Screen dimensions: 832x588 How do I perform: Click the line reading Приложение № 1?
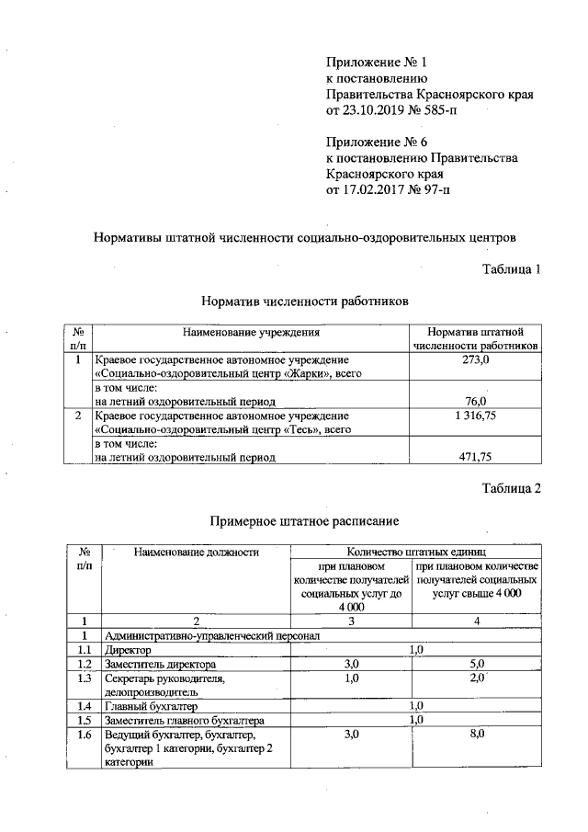(377, 63)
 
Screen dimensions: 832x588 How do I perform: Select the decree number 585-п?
(437, 110)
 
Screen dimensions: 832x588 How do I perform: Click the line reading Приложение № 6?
(377, 142)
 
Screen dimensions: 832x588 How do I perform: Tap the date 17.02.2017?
(376, 189)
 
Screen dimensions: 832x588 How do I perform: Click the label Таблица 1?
(512, 268)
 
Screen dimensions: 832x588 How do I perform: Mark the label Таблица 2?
(512, 488)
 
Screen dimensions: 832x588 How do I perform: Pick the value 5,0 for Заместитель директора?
(476, 664)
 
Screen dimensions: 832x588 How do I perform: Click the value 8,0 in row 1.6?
(476, 735)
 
